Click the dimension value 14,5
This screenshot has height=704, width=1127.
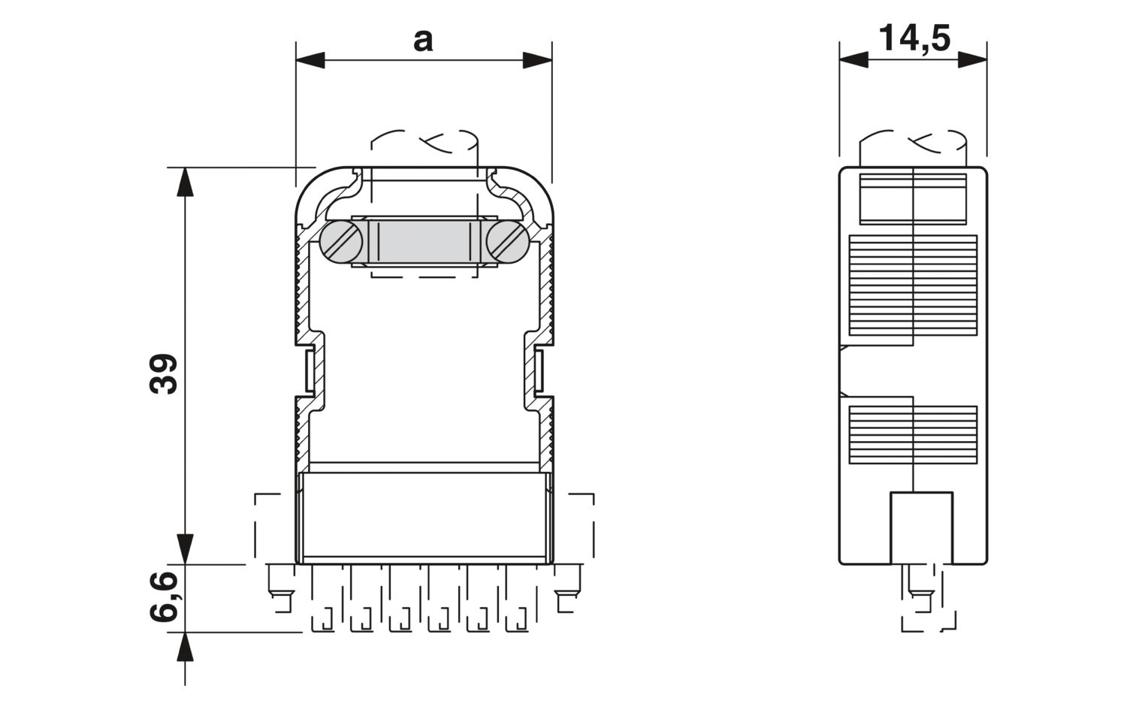point(914,38)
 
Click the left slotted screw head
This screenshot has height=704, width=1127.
point(341,242)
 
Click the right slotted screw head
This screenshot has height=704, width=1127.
point(508,242)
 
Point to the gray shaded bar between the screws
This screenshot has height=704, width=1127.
point(425,242)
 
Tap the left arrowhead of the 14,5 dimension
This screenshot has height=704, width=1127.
point(854,60)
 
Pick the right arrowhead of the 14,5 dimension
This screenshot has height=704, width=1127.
point(972,60)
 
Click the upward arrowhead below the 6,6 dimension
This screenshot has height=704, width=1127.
point(184,647)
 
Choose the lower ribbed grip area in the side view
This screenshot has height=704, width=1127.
point(913,434)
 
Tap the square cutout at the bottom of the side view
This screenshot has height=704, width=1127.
point(921,527)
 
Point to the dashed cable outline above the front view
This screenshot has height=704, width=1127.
point(425,142)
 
